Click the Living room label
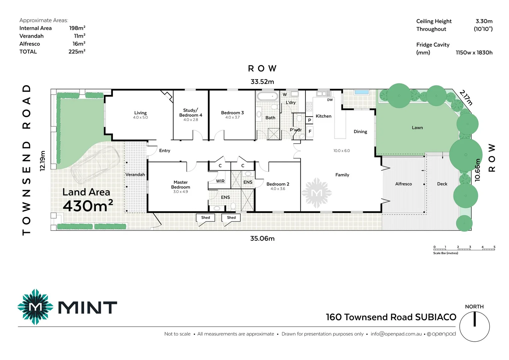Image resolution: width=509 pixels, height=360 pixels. tap(140, 113)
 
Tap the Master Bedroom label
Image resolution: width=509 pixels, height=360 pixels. tap(181, 185)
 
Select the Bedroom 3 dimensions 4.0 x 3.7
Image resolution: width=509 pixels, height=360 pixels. tap(232, 117)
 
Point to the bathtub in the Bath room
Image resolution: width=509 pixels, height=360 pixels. tap(267, 97)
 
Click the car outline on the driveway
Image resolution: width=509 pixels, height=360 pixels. tap(95, 165)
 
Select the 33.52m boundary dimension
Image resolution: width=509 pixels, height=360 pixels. tap(262, 82)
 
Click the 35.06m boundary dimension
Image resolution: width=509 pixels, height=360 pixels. tap(262, 238)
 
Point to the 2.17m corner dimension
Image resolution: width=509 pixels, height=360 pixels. tap(466, 97)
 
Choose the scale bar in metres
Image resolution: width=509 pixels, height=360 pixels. tap(464, 248)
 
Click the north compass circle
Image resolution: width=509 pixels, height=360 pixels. tap(474, 327)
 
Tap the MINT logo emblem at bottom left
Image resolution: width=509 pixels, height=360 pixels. tap(35, 307)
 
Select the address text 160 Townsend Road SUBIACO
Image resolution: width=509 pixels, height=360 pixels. tap(391, 317)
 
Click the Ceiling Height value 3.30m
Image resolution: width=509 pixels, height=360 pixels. tap(484, 21)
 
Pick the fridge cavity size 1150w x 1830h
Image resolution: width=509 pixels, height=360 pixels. tap(474, 53)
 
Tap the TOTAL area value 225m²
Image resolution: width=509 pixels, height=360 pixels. tap(77, 52)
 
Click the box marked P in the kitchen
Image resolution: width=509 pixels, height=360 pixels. tap(309, 120)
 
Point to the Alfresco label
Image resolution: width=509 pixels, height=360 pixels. tap(403, 184)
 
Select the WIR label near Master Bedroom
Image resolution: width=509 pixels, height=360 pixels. tap(220, 181)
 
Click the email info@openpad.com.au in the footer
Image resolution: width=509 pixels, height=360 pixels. tap(396, 334)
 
